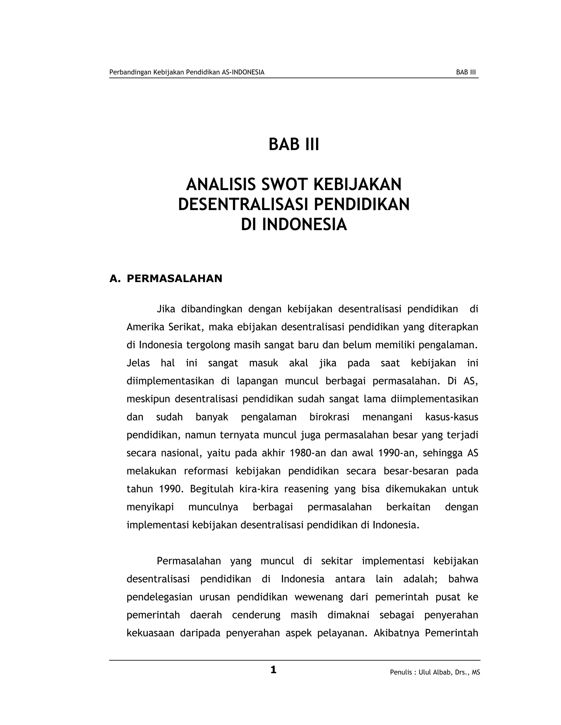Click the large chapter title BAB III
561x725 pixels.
(294, 145)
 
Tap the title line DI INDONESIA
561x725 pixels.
(294, 225)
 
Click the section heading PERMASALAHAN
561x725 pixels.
(174, 279)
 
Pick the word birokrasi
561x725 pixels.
(329, 417)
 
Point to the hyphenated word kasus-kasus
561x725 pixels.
(451, 417)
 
